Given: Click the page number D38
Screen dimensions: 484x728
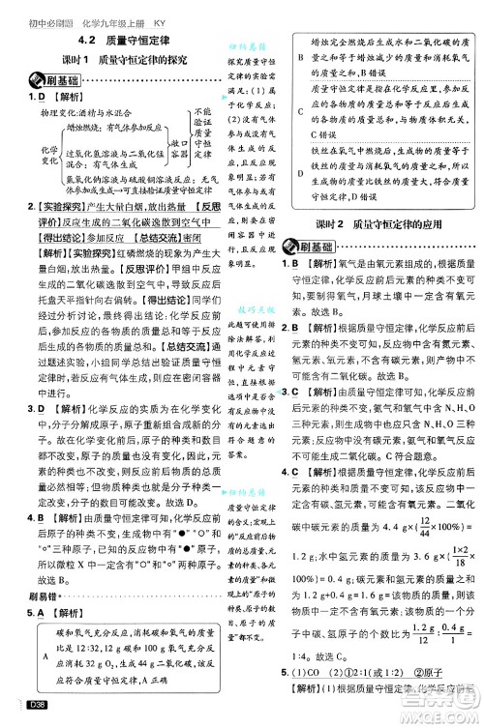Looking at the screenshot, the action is [40, 716].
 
